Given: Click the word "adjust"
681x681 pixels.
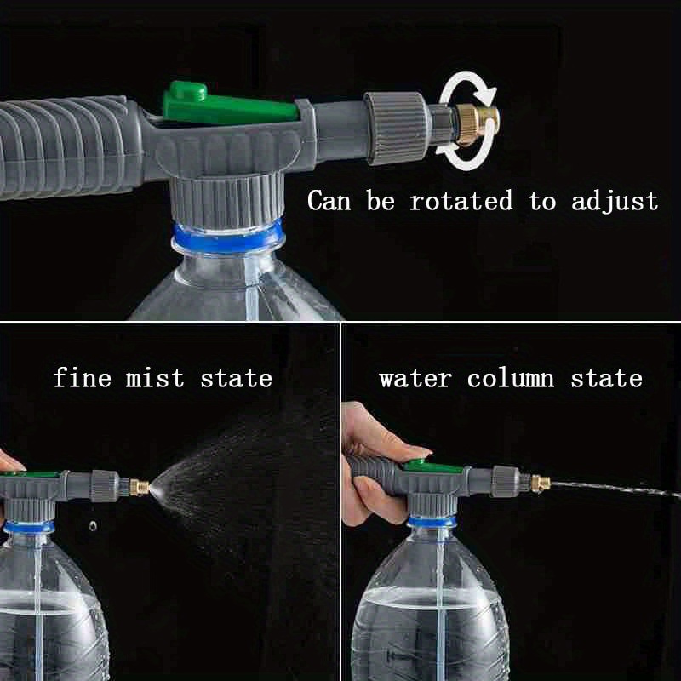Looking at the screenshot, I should pyautogui.click(x=614, y=203).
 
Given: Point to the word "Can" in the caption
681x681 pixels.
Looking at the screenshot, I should pyautogui.click(x=332, y=202).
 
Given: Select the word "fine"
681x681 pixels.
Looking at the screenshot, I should pyautogui.click(x=83, y=377).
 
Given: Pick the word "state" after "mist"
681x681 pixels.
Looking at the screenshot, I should pyautogui.click(x=236, y=377).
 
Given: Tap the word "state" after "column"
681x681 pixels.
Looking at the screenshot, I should pyautogui.click(x=606, y=377).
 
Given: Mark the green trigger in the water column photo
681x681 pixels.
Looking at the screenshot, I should pyautogui.click(x=416, y=464).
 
